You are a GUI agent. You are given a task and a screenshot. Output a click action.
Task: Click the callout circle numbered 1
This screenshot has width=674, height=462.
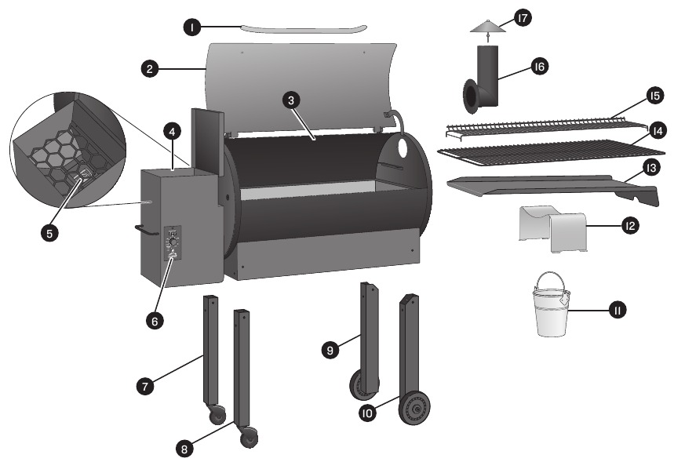coord(191,27)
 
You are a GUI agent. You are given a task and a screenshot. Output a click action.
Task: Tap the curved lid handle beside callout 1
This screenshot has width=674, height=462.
coord(302,29)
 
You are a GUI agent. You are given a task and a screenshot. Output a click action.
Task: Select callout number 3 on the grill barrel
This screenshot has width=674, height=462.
coord(291,100)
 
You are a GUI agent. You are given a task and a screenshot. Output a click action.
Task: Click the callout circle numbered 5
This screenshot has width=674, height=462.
coord(51,233)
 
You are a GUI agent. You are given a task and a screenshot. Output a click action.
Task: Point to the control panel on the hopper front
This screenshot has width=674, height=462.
coord(172,243)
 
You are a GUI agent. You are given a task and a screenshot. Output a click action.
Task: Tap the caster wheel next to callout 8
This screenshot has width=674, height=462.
coord(250,436)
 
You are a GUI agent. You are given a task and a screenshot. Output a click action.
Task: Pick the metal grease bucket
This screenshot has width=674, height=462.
coord(552,310)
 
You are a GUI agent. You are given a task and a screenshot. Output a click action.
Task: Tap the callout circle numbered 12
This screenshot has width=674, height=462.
coord(628,226)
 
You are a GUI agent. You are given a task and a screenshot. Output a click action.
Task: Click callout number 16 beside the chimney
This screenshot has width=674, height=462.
coord(538,68)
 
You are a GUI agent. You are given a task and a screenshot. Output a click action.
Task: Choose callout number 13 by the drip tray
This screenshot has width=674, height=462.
coord(650,169)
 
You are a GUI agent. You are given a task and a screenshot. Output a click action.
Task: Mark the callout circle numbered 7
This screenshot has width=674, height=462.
coord(144,385)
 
